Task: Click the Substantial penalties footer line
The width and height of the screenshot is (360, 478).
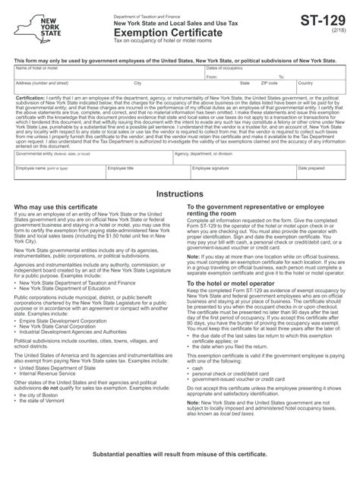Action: (x=180, y=453)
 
